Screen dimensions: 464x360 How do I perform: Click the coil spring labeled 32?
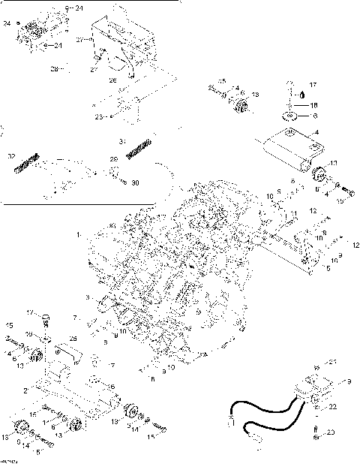(27, 162)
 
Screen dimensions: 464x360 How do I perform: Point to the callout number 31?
(123, 141)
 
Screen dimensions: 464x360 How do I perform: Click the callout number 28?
(54, 69)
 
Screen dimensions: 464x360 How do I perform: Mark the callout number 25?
(73, 339)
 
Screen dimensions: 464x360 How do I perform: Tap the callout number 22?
(332, 406)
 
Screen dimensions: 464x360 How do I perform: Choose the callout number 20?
(332, 432)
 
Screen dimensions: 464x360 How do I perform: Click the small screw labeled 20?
(316, 430)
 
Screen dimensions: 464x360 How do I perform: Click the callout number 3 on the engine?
(88, 298)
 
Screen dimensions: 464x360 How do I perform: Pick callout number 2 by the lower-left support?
(25, 391)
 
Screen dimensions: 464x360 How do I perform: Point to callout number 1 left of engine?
(79, 235)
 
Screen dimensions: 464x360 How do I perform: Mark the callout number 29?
(115, 160)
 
